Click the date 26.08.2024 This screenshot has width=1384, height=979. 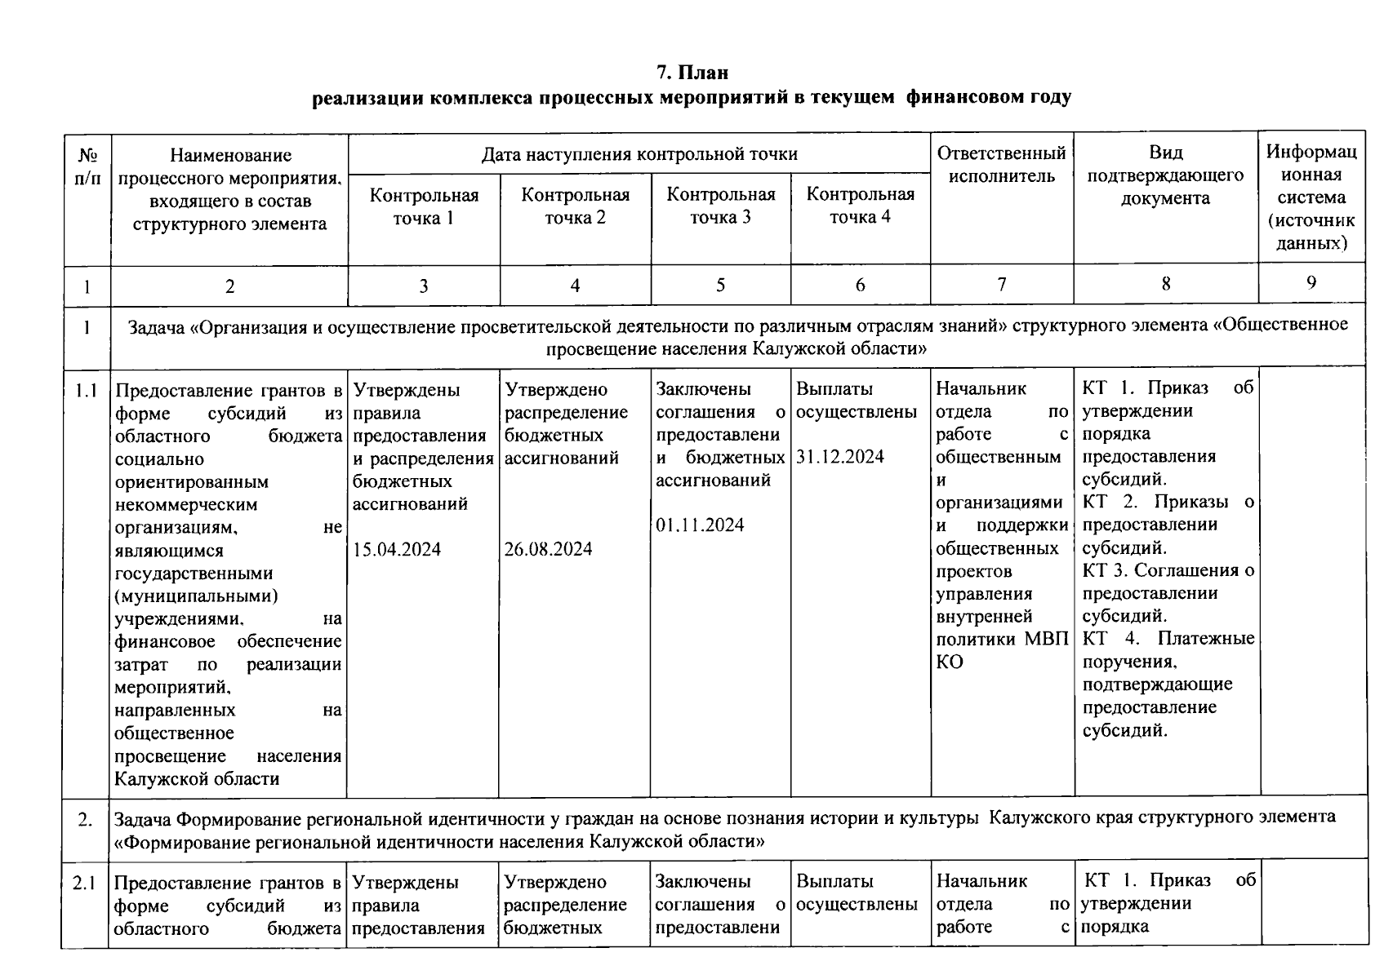(x=548, y=549)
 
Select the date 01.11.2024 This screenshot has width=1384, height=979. (x=700, y=525)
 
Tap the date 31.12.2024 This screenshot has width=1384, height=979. (x=840, y=457)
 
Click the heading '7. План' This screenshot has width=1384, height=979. (x=692, y=73)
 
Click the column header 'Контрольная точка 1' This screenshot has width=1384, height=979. (x=424, y=206)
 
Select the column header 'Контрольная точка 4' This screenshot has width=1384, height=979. (x=860, y=206)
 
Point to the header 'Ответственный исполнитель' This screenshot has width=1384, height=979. (x=1001, y=165)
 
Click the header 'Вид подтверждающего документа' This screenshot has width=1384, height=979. (x=1165, y=175)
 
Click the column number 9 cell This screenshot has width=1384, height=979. (x=1311, y=283)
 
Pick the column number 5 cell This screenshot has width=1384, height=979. (x=720, y=285)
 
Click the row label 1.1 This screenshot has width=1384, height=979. (x=87, y=391)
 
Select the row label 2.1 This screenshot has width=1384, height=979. (x=85, y=883)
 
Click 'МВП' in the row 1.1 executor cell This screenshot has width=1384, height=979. (x=1046, y=640)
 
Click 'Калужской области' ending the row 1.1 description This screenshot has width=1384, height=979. (x=197, y=779)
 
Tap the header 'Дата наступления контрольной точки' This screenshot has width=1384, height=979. (x=639, y=154)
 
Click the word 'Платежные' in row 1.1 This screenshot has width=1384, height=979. (x=1205, y=639)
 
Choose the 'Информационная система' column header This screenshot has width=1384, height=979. (x=1311, y=197)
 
